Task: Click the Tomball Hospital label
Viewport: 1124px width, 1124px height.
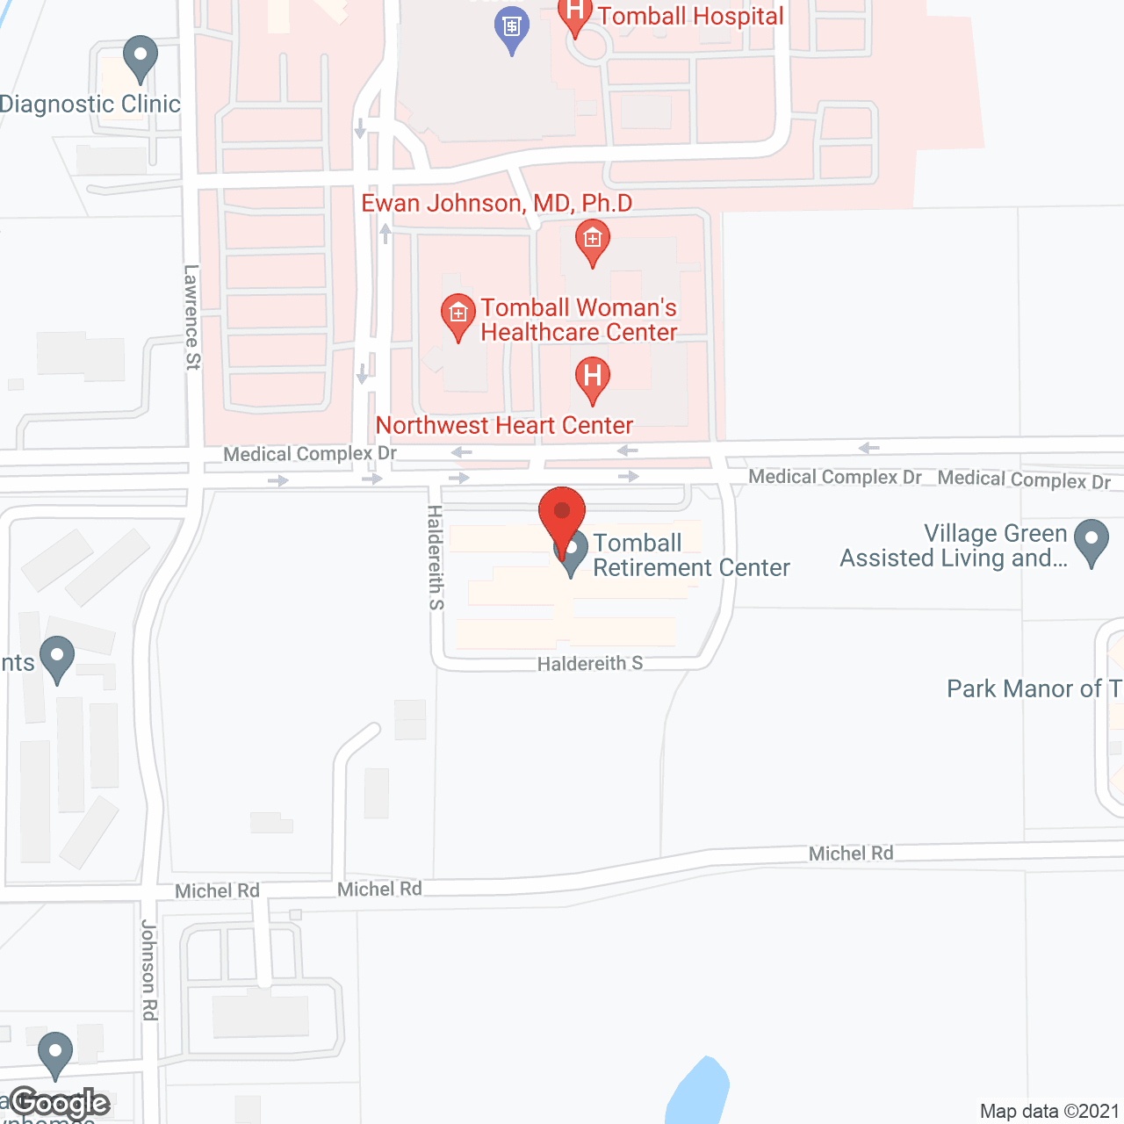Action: coord(690,17)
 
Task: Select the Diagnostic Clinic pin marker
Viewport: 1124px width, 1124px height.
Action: coord(140,58)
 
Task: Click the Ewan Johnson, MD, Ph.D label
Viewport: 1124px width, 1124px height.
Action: coord(497,204)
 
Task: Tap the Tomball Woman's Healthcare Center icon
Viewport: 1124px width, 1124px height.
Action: coord(458,315)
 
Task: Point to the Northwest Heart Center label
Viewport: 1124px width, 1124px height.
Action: coord(504,426)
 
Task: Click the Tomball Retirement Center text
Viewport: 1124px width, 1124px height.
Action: coord(690,555)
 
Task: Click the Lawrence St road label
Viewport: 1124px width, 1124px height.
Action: coord(192,317)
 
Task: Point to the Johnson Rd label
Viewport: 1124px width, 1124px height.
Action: coord(149,970)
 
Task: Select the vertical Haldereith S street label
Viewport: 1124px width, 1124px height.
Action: coord(436,557)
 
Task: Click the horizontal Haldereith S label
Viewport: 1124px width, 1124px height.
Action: coord(590,664)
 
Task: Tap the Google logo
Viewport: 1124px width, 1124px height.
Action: coord(60,1103)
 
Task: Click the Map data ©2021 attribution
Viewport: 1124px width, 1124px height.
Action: coord(1049,1112)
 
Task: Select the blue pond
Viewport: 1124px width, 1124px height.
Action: coord(698,1093)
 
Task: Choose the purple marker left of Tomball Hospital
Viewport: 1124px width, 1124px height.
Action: coord(512,28)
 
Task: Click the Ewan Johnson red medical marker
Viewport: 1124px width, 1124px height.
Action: coord(593,241)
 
